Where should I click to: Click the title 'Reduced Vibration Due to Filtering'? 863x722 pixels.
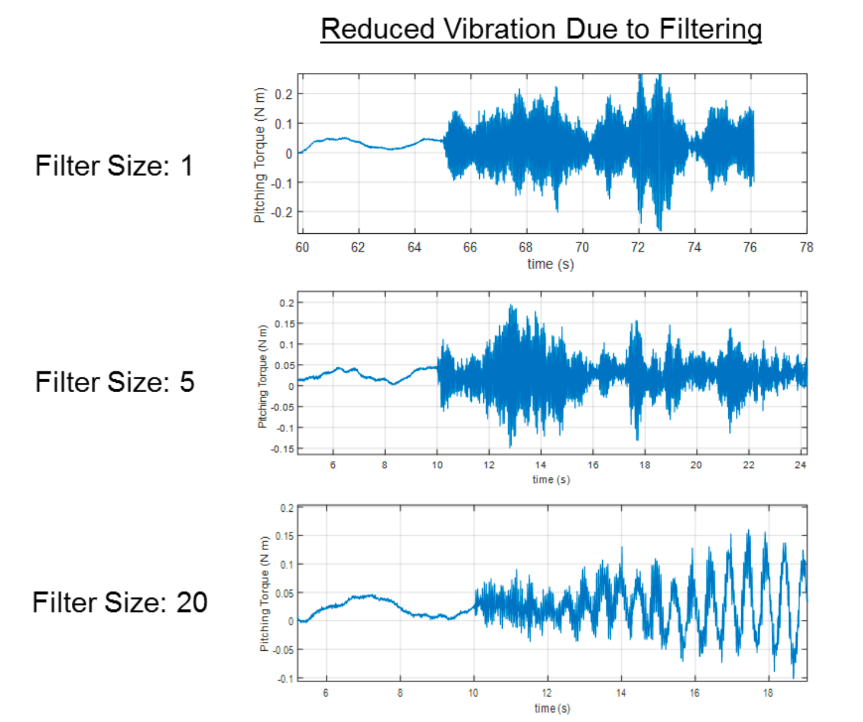click(541, 29)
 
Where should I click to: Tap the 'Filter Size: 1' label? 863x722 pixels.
click(114, 165)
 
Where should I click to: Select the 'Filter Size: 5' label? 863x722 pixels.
click(115, 382)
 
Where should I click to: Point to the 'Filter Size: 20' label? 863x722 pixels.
click(120, 602)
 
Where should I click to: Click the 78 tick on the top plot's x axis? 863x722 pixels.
click(806, 247)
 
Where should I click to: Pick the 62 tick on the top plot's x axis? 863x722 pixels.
click(358, 247)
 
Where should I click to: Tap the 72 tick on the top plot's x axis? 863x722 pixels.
click(638, 247)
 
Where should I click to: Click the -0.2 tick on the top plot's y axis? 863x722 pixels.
click(283, 213)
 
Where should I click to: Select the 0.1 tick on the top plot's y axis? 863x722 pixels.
click(285, 124)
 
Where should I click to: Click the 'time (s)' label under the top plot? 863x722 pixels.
click(550, 264)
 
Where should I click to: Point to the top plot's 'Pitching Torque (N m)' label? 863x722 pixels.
click(260, 155)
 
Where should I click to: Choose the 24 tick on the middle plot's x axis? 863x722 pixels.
click(800, 465)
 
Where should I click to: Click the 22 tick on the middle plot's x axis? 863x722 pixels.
click(748, 465)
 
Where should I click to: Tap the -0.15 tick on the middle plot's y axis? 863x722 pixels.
click(283, 449)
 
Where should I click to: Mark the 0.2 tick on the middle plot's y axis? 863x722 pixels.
click(287, 303)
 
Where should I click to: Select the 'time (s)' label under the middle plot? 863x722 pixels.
click(551, 479)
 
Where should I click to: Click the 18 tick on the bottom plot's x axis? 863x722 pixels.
click(768, 693)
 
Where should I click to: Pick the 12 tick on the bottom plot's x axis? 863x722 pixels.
click(547, 693)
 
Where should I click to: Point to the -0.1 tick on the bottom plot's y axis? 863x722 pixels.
click(286, 679)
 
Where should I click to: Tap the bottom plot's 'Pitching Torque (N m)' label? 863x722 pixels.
click(264, 594)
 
